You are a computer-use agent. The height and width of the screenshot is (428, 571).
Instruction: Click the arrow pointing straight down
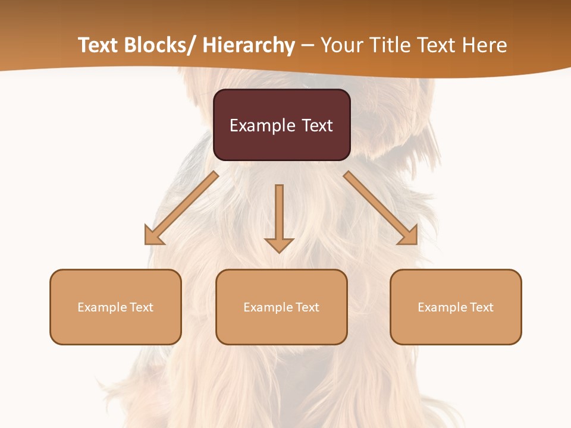(279, 217)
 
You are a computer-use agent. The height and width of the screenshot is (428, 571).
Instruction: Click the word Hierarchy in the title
(249, 45)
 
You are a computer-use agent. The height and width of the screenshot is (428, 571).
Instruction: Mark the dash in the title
(308, 46)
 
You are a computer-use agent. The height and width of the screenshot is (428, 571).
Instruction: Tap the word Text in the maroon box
(316, 125)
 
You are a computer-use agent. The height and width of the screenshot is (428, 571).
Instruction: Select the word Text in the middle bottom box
(306, 307)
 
